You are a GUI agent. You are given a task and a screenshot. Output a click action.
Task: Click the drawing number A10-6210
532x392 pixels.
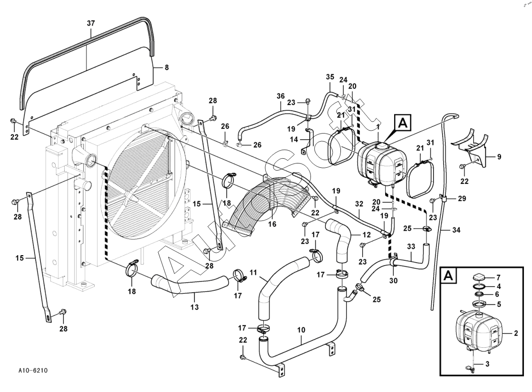[33, 370]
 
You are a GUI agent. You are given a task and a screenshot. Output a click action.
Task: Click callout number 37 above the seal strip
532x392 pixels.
[91, 23]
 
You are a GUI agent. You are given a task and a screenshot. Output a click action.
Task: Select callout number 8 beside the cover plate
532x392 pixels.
[166, 67]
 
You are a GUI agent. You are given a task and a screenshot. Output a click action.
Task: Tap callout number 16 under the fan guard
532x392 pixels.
[272, 224]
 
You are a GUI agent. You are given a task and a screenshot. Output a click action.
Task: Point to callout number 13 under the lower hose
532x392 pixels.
[194, 307]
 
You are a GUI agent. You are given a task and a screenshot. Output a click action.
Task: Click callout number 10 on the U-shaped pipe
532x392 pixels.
[301, 330]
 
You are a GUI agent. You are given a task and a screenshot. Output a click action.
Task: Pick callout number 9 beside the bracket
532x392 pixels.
[499, 157]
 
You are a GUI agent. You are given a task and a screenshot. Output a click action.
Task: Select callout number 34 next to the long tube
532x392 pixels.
[456, 230]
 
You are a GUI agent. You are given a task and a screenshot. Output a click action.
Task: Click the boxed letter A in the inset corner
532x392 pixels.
[448, 276]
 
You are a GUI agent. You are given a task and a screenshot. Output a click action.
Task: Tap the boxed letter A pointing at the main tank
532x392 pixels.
[403, 123]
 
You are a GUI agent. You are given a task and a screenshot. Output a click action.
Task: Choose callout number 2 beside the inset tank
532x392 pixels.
[516, 334]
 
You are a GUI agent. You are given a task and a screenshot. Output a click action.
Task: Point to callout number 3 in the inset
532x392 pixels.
[487, 364]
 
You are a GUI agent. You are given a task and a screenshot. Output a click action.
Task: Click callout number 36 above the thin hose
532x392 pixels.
[281, 96]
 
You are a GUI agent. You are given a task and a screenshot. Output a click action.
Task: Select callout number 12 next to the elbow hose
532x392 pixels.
[367, 234]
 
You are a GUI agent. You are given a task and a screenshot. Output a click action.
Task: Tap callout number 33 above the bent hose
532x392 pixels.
[411, 247]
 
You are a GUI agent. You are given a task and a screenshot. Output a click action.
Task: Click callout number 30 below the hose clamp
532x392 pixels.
[393, 281]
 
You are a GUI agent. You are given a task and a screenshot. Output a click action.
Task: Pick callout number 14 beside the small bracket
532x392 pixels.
[294, 139]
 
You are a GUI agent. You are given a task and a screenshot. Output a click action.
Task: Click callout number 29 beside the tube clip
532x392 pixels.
[462, 198]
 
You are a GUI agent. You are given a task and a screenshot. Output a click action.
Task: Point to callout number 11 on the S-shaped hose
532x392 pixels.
[253, 272]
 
